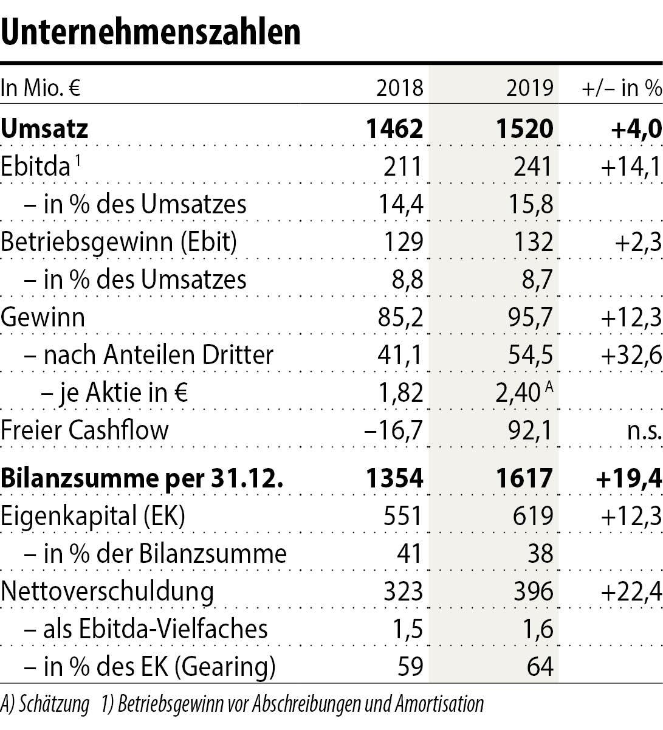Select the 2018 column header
click(399, 89)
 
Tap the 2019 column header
click(530, 89)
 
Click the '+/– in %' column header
click(621, 89)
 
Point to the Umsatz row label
click(44, 129)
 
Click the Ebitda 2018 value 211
click(403, 167)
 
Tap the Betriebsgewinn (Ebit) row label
click(119, 242)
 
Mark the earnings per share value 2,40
click(518, 393)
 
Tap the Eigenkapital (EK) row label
click(93, 515)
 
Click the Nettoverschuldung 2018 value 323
click(403, 591)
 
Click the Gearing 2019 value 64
click(540, 666)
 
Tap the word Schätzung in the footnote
click(54, 704)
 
